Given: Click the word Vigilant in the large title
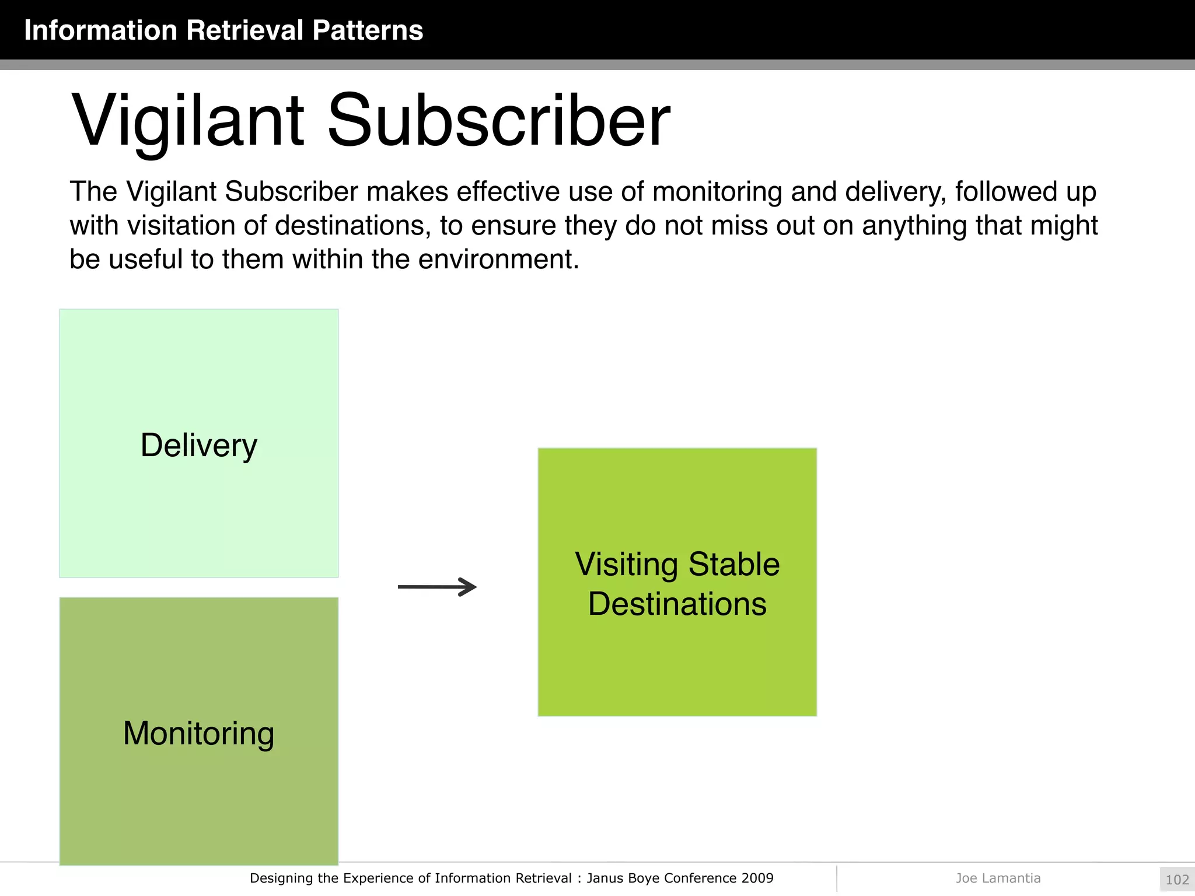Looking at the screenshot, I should pyautogui.click(x=188, y=121).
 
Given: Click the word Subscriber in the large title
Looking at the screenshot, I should pyautogui.click(x=498, y=121).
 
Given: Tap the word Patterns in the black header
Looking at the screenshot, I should pyautogui.click(x=368, y=30).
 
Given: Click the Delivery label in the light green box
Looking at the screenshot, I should pyautogui.click(x=199, y=446).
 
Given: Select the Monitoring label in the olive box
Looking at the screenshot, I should pyautogui.click(x=199, y=733).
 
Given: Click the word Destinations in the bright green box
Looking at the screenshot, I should pyautogui.click(x=677, y=604).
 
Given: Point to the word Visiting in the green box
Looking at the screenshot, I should pyautogui.click(x=627, y=565).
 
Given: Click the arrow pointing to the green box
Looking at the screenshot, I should pyautogui.click(x=437, y=587).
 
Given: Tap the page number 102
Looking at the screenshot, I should pyautogui.click(x=1177, y=880).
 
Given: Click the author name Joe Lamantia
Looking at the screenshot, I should pyautogui.click(x=998, y=878).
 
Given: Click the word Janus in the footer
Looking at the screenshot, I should pyautogui.click(x=604, y=878).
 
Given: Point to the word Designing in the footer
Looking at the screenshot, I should pyautogui.click(x=281, y=878).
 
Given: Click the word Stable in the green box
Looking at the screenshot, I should pyautogui.click(x=733, y=565).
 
